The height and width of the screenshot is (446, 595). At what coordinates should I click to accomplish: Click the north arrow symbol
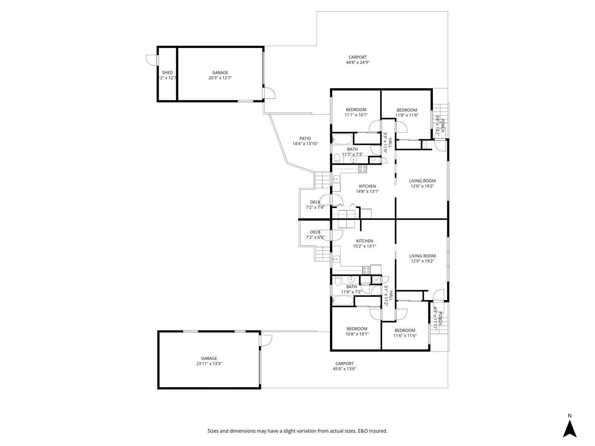click(570, 429)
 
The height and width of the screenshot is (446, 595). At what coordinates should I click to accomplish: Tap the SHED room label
click(167, 73)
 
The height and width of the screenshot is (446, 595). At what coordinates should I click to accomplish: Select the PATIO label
click(305, 138)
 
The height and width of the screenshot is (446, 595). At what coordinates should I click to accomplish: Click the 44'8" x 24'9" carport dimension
click(358, 62)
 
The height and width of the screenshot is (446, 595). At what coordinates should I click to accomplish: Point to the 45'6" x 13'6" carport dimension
click(344, 369)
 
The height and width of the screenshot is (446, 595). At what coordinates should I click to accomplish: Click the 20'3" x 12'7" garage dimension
click(220, 78)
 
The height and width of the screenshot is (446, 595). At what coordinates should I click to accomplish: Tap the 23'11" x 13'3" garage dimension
click(209, 364)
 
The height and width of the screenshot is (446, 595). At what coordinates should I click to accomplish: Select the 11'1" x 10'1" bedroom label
click(356, 115)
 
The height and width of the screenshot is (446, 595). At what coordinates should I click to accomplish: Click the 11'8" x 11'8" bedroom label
click(407, 115)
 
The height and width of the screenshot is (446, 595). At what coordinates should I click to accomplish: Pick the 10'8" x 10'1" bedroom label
click(357, 334)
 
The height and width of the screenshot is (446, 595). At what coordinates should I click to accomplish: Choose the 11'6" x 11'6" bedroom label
click(405, 336)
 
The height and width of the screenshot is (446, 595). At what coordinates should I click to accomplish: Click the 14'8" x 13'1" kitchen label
click(367, 191)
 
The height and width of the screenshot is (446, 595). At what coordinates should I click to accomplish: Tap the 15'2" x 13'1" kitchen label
click(364, 246)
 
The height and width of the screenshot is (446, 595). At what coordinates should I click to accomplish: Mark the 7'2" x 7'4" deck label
click(315, 207)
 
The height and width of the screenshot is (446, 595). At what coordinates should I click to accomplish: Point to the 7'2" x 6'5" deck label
click(315, 237)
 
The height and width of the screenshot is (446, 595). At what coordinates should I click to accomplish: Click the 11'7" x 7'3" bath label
click(352, 155)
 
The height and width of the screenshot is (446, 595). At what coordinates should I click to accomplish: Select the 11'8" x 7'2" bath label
click(351, 292)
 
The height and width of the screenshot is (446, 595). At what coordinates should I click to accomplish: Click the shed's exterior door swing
click(152, 59)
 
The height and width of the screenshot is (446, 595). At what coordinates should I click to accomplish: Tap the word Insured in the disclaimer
click(379, 431)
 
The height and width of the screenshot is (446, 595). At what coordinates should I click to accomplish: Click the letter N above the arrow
click(570, 416)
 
